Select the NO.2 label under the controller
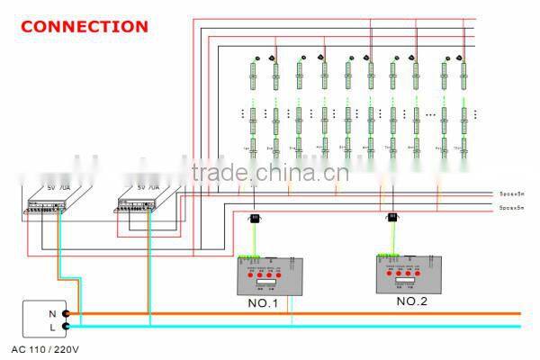412,301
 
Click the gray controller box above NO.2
409,274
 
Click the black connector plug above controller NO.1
256,217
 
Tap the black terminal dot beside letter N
66,314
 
